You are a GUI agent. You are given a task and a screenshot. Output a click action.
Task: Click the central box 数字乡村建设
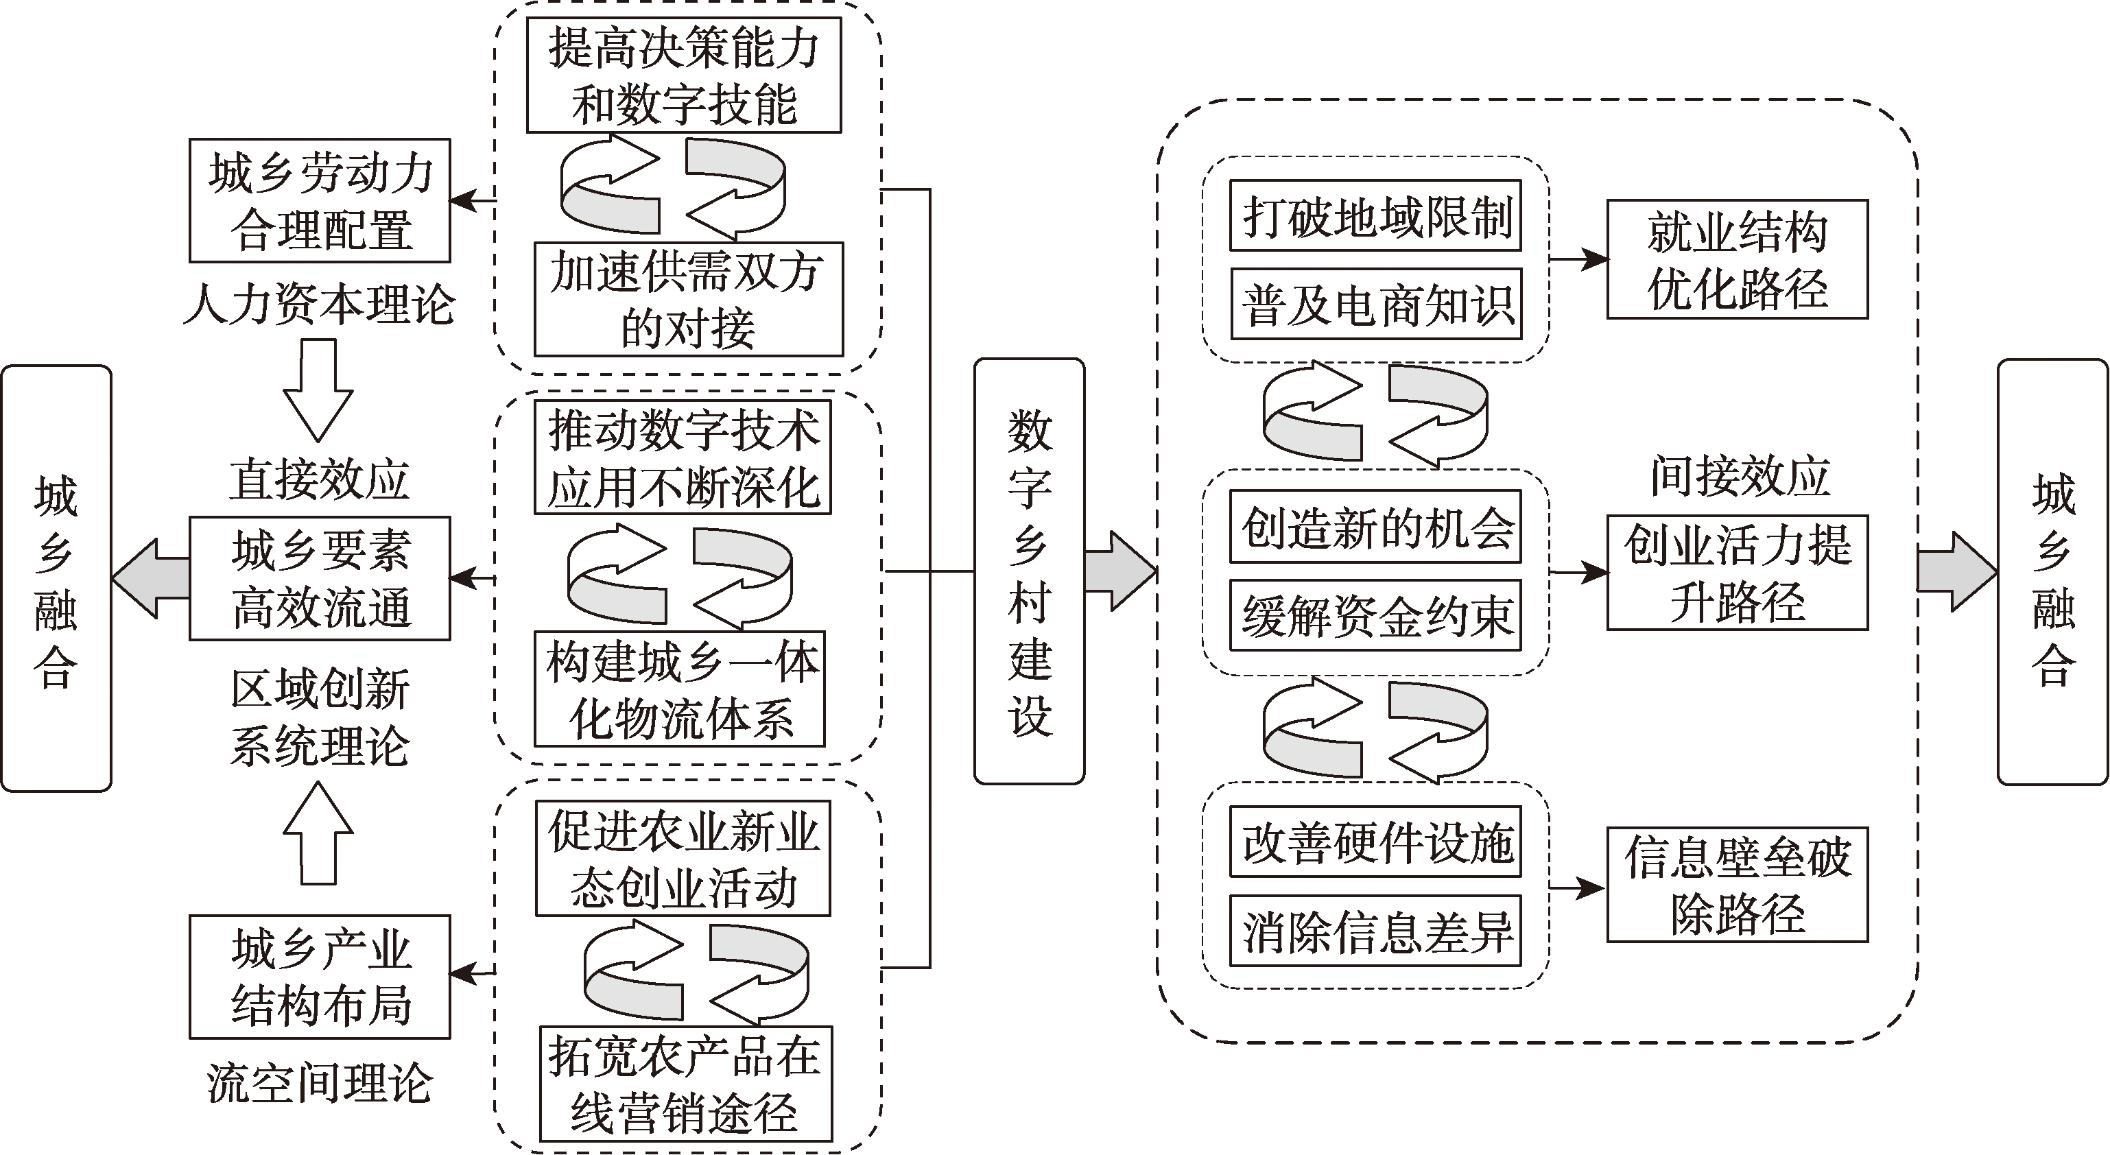tap(1029, 571)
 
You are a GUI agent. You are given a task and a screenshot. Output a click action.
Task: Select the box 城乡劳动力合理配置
tap(320, 201)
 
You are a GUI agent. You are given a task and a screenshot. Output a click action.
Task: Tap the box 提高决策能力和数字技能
tap(684, 75)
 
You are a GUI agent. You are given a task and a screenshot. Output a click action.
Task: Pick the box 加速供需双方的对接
tap(688, 299)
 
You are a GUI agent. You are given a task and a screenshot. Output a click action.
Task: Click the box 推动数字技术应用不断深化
tap(683, 457)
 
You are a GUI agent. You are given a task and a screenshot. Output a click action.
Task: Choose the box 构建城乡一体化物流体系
tap(680, 689)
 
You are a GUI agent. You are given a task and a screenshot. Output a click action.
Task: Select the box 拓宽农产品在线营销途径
tap(685, 1084)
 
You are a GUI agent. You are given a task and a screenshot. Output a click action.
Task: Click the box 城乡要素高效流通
tap(320, 578)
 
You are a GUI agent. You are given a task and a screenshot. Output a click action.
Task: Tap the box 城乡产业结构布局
tap(320, 977)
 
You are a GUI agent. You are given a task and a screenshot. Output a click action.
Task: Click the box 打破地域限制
tap(1375, 216)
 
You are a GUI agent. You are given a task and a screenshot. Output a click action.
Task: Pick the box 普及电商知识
tap(1376, 304)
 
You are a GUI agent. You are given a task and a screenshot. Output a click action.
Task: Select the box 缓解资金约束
tap(1375, 615)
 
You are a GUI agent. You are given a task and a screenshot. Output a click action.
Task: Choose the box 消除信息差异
tap(1375, 931)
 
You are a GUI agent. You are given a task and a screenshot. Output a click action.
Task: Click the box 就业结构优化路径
tap(1736, 259)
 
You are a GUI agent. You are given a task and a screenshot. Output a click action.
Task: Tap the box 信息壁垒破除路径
tap(1736, 885)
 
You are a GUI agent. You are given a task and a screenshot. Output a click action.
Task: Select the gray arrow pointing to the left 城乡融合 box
tap(151, 578)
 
